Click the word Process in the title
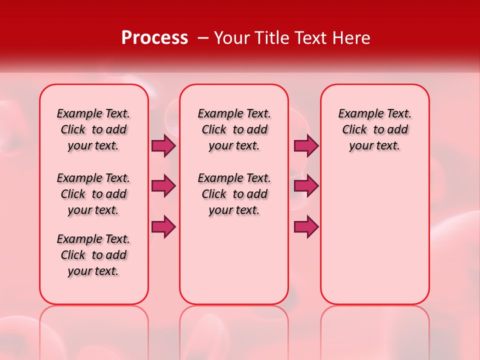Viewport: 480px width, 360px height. (x=154, y=38)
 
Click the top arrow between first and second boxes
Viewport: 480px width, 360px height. (x=163, y=146)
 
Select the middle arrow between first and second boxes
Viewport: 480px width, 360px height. (x=163, y=186)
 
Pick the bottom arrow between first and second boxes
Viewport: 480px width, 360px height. (x=163, y=226)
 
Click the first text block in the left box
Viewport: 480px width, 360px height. (x=93, y=129)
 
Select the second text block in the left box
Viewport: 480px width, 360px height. (x=93, y=194)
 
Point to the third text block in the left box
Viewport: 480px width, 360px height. (x=93, y=255)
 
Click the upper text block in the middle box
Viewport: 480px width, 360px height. (x=234, y=129)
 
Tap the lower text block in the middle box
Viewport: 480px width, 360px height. (x=234, y=194)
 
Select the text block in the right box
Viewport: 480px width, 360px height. (x=374, y=129)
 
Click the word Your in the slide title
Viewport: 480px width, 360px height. (x=232, y=38)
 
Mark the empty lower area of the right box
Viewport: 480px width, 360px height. (x=374, y=230)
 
